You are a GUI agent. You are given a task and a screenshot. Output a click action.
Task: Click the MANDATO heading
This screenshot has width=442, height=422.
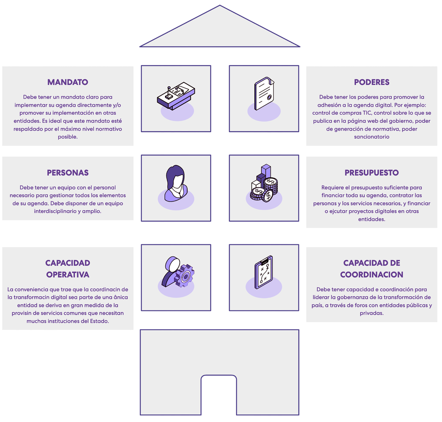68,82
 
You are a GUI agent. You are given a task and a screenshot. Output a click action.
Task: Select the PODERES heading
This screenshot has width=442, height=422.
372,82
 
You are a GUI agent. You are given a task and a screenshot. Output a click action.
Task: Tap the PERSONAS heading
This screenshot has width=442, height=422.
68,173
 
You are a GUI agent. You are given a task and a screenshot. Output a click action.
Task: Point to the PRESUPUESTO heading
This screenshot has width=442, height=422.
372,173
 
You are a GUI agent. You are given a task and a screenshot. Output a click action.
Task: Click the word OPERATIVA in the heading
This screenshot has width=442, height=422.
68,275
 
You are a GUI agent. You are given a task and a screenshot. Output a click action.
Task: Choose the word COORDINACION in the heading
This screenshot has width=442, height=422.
372,275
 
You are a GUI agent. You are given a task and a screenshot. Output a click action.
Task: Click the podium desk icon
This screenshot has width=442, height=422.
176,95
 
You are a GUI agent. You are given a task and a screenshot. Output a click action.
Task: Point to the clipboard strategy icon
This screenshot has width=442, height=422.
264,272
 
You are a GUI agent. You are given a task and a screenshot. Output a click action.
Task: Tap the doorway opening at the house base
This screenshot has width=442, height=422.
219,395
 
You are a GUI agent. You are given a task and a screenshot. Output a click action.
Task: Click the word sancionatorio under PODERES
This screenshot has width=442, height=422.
372,137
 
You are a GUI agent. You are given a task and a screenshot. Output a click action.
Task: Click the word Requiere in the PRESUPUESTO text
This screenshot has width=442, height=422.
331,187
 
